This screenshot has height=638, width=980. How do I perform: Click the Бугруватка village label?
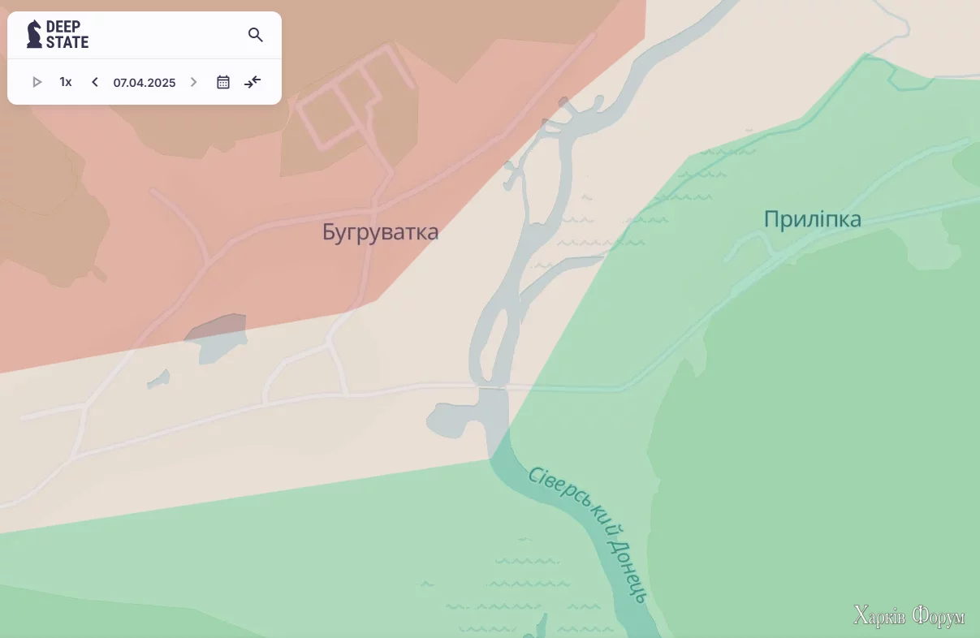pos(380,232)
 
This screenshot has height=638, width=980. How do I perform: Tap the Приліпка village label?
pos(812,219)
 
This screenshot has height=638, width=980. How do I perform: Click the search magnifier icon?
pos(256,35)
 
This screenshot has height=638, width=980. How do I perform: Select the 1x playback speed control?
pos(66,82)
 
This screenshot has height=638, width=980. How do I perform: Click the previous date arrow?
pos(95,82)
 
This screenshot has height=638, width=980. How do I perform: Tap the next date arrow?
pos(193,82)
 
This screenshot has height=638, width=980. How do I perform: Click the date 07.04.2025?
pos(145,83)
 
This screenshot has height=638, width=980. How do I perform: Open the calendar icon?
pos(223,82)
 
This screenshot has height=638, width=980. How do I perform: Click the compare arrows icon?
pos(253,82)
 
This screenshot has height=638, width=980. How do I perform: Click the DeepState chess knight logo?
pos(34,34)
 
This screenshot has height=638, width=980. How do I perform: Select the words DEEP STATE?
pos(67,34)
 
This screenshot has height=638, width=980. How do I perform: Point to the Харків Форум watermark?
pos(909,616)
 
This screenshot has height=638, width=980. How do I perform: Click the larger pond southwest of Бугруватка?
pos(214,337)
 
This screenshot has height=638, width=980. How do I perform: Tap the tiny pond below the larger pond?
pos(159,379)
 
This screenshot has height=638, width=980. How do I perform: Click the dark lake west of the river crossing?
pos(453,417)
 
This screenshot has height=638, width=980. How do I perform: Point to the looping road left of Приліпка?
pos(751,244)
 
